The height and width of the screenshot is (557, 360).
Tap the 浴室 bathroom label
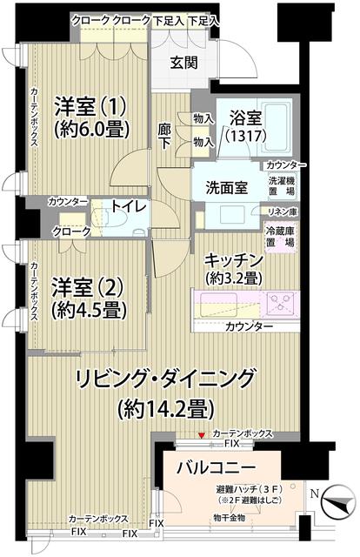pos(245,119)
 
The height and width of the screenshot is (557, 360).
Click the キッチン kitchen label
pos(234,260)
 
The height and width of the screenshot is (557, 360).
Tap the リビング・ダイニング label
pos(164,379)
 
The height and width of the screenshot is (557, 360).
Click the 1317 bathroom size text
pos(245,138)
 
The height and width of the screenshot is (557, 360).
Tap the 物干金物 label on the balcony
pos(229,519)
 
